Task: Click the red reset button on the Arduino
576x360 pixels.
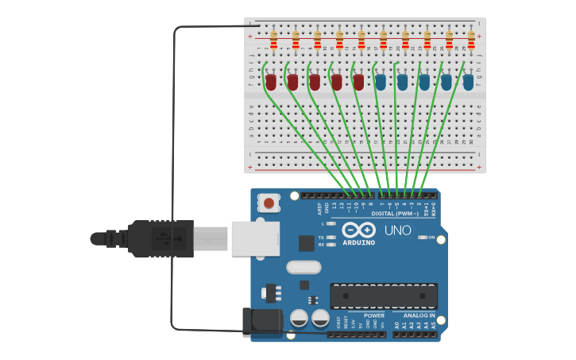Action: point(269,203)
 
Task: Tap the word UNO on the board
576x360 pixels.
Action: point(398,230)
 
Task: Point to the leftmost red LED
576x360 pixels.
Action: point(271,81)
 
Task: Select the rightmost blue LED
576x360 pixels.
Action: point(468,81)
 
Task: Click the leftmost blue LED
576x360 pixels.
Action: point(381,81)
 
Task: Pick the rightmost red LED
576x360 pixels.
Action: point(358,81)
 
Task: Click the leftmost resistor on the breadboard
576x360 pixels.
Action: point(273,38)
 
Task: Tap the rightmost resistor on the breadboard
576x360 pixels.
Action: point(471,38)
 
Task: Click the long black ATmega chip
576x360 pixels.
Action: point(384,296)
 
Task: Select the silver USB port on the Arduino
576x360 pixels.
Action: point(255,238)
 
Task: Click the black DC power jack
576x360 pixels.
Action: point(261,321)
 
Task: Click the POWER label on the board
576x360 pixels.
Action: point(373,315)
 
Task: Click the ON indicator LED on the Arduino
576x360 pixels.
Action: point(422,237)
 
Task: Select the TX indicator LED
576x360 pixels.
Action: point(331,237)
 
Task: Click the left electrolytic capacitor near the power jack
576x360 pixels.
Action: point(300,319)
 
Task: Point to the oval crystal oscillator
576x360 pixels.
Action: point(303,267)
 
